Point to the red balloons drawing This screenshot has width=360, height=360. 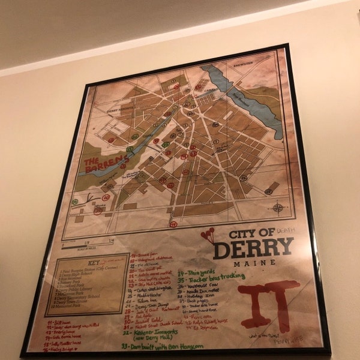pos(208,235)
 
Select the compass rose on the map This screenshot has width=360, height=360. pos(278,208)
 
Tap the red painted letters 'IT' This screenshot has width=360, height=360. pos(268,302)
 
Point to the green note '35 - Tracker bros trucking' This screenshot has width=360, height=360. pos(210,277)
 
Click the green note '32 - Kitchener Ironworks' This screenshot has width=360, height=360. pos(152,334)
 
